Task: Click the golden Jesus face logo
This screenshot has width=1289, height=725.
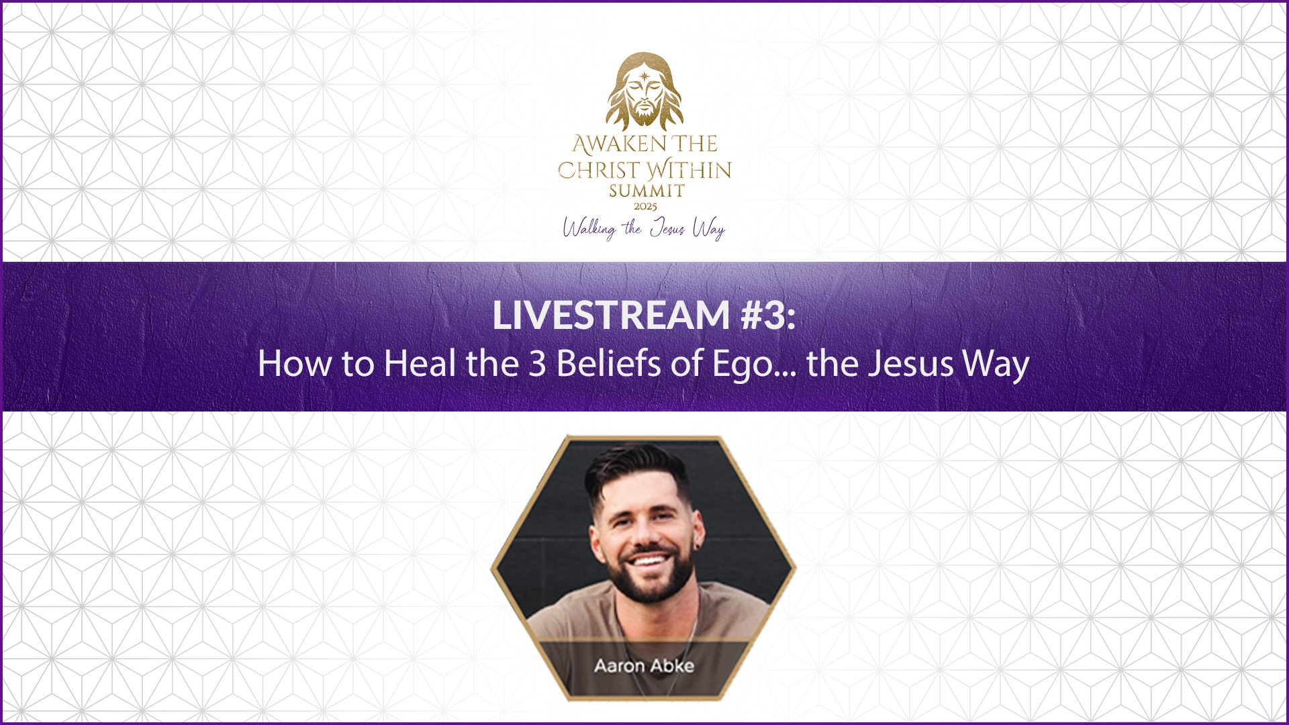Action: click(x=644, y=91)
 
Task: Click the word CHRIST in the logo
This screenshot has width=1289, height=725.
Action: click(x=599, y=171)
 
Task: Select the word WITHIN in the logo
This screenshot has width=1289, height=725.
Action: click(x=689, y=169)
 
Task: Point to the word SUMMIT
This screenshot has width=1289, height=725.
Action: click(x=647, y=191)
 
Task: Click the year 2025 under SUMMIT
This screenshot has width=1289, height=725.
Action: click(x=645, y=207)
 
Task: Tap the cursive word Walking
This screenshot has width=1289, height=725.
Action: click(x=589, y=228)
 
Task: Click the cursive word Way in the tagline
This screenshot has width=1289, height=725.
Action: click(x=709, y=229)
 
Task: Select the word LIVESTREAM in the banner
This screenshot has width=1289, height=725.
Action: click(x=611, y=315)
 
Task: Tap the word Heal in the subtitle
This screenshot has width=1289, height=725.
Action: click(x=420, y=363)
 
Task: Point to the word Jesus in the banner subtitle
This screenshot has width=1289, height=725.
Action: click(x=910, y=364)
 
